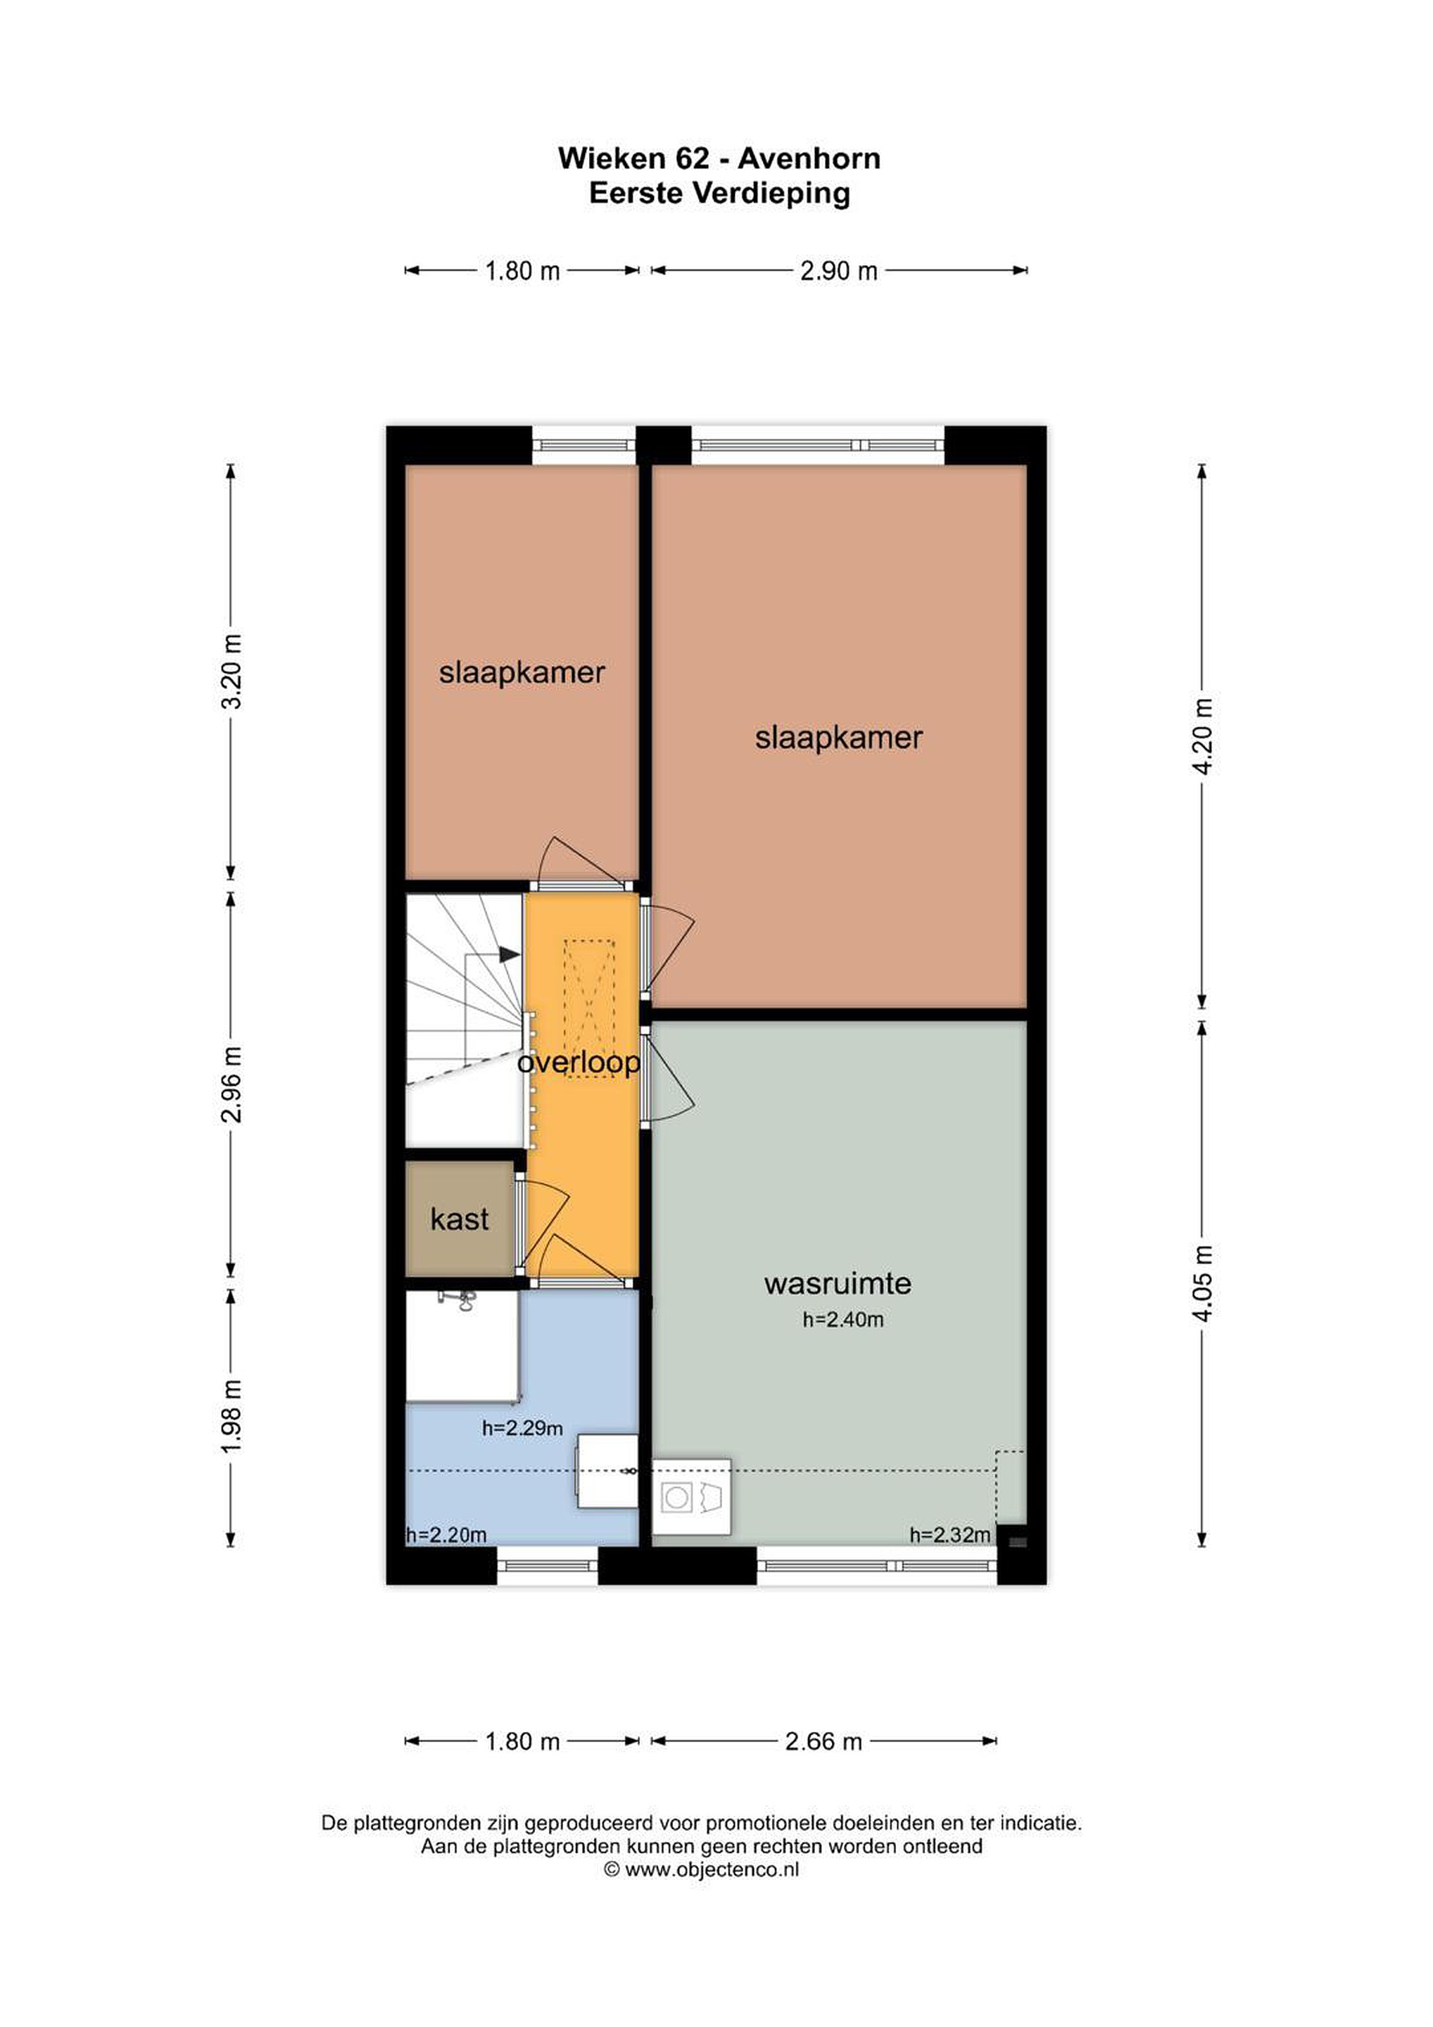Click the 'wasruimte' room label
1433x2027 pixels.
837,1283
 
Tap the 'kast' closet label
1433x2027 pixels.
459,1219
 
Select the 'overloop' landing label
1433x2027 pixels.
579,1063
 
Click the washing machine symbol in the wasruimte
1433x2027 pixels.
691,1497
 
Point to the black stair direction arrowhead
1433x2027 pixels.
509,954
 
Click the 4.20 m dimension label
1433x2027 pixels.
1203,736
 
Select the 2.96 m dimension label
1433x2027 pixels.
232,1084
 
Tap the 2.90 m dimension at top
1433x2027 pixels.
839,271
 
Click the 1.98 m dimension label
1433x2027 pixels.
232,1416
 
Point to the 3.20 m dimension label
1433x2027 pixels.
232,672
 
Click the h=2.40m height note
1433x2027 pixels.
843,1320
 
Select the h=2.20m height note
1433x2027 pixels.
447,1535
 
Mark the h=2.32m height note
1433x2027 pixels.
950,1535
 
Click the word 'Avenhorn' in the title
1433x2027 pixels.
809,159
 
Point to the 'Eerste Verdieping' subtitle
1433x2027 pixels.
719,194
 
